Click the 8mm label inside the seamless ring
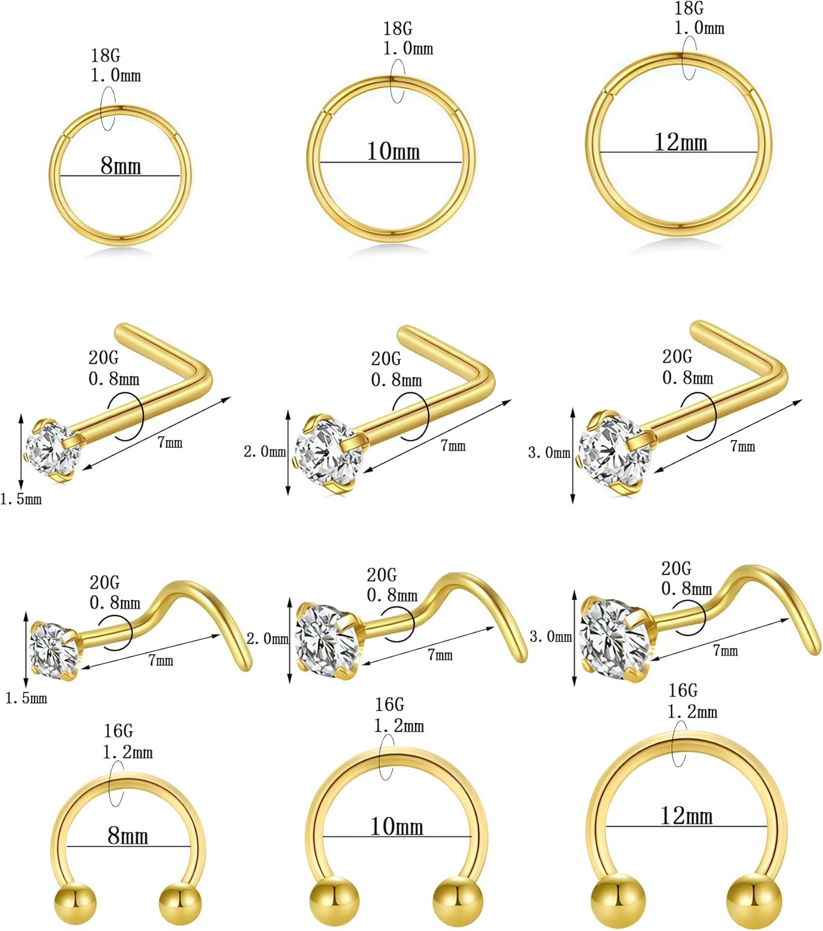[121, 166]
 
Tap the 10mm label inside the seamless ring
[394, 151]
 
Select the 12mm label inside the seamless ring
[681, 142]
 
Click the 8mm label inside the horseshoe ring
[128, 835]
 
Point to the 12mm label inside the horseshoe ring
[686, 816]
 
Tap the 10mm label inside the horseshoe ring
[397, 826]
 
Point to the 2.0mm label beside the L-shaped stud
[265, 452]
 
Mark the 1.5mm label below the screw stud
[26, 698]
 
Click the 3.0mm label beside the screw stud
[551, 636]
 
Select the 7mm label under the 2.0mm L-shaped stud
[453, 445]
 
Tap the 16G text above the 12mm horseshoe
[683, 690]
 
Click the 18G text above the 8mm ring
[106, 55]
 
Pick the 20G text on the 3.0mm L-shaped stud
[677, 357]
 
